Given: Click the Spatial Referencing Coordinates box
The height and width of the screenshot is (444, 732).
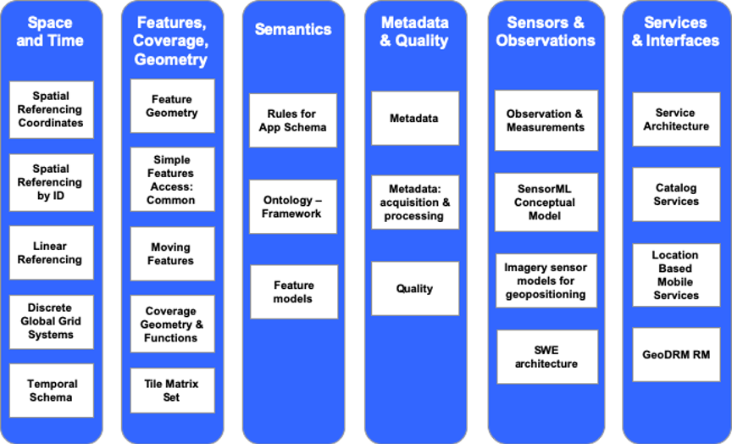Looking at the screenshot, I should [51, 109].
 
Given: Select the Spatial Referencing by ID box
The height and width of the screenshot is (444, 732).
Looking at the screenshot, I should [51, 182].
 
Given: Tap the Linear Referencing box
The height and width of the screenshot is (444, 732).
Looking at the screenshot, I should [51, 253].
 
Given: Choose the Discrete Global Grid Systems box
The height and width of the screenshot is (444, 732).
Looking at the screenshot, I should [51, 321].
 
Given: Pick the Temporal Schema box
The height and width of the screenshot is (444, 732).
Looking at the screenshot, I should [51, 391].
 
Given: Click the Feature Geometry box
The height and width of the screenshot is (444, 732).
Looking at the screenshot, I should [172, 106].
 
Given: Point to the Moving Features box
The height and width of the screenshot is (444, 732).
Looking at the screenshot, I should [172, 254].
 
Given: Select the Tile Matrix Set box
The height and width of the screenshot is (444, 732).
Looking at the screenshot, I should [172, 391].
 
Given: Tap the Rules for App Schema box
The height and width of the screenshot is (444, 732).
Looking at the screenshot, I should [293, 120].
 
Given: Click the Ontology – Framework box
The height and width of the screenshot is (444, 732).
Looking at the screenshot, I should [293, 207].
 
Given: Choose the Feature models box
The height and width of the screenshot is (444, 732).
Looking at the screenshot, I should [293, 291].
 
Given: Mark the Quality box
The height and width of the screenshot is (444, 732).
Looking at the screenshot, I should [414, 289].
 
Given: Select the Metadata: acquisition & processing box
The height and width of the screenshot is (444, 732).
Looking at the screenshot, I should [414, 203].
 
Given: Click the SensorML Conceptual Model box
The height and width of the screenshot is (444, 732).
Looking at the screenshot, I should [546, 203].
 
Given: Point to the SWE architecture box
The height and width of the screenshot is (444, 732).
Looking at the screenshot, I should [546, 357].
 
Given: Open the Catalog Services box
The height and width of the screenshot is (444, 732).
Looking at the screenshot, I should [676, 195].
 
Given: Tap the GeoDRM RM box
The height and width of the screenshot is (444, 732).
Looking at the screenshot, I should [676, 355].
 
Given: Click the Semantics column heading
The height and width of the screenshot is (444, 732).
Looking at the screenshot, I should [293, 30].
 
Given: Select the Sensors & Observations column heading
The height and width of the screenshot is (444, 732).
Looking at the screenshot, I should [546, 31].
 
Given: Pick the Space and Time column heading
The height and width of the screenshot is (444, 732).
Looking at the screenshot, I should [51, 31].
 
